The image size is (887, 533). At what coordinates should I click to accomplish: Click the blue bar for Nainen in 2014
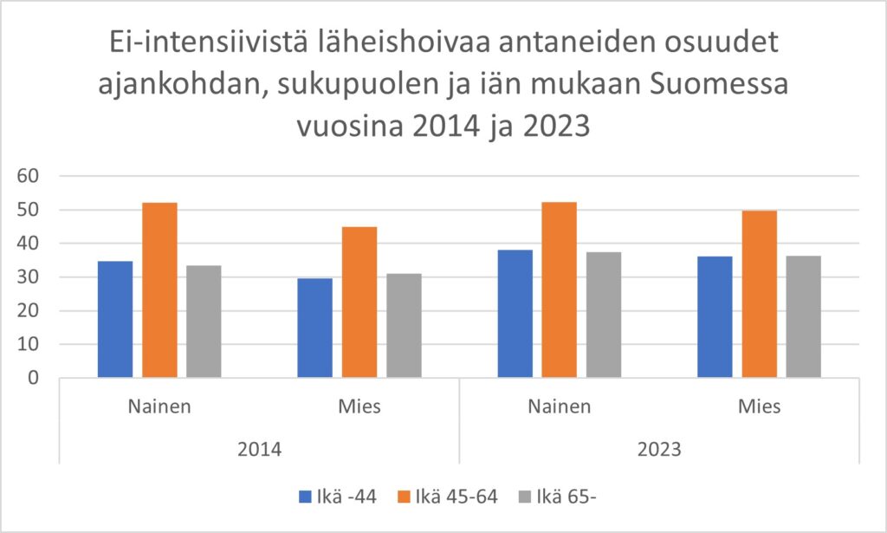click(x=115, y=319)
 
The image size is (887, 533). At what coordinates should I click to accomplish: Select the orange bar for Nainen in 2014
click(x=159, y=290)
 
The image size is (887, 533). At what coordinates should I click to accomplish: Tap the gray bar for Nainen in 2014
click(x=204, y=322)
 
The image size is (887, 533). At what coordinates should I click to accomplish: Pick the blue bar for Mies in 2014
click(x=314, y=328)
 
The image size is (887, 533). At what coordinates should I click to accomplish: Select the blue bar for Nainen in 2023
click(x=515, y=314)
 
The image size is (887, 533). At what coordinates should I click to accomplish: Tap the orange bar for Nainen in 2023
click(x=559, y=289)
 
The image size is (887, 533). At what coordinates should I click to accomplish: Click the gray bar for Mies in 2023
click(x=803, y=316)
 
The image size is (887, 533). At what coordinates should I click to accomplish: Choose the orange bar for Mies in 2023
click(x=759, y=294)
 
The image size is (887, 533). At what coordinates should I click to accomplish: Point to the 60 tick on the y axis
click(x=29, y=177)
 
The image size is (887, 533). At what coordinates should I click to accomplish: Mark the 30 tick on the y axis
click(x=29, y=277)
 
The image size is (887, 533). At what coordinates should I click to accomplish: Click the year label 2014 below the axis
click(x=259, y=451)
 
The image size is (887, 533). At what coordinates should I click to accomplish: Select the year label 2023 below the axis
click(x=659, y=451)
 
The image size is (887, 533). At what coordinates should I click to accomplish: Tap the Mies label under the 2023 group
click(x=759, y=407)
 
